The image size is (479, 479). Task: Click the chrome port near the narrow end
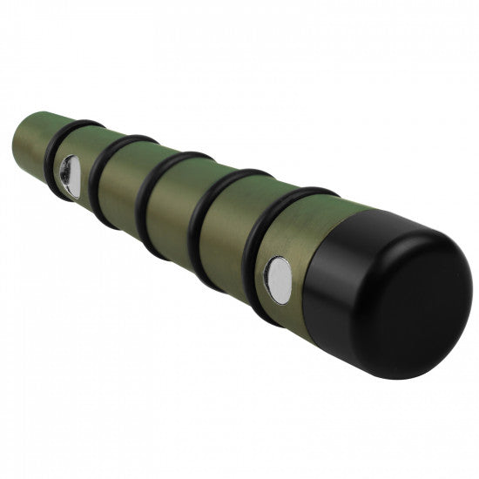point(67,176)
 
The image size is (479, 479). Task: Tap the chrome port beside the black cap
point(279,280)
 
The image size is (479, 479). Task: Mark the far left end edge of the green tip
point(15,139)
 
